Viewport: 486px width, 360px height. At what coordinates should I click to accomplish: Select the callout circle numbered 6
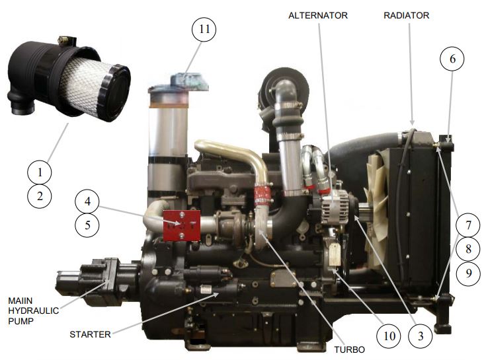point(452,59)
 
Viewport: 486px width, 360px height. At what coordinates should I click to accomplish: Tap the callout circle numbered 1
point(40,172)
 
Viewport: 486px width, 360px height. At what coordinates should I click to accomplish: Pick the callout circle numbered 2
point(40,196)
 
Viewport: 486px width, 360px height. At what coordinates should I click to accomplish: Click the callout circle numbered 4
point(87,201)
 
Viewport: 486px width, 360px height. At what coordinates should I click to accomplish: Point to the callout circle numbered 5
point(87,225)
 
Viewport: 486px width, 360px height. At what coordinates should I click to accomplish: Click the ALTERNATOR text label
point(318,15)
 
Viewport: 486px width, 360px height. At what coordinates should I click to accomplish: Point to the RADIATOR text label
point(407,15)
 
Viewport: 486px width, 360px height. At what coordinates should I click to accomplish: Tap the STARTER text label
point(91,334)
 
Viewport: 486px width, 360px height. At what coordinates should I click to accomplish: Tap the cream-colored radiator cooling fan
point(376,198)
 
